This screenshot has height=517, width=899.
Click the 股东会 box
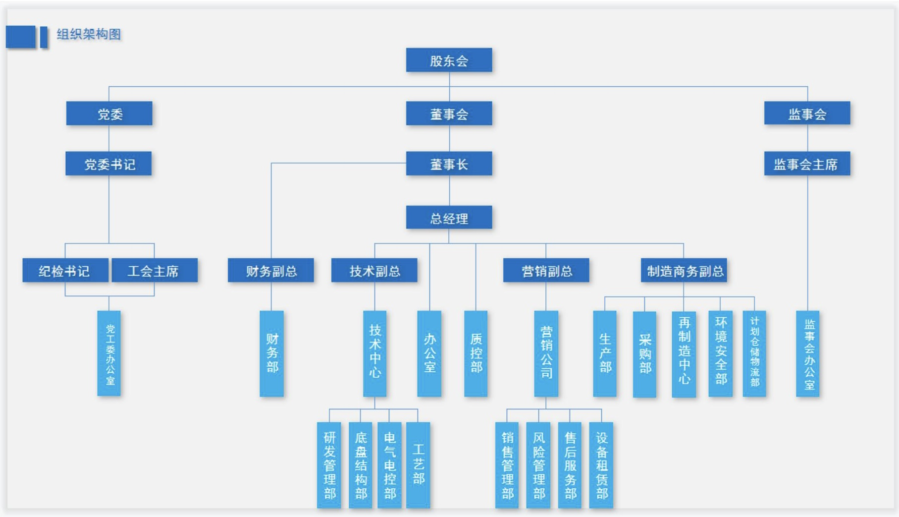point(449,60)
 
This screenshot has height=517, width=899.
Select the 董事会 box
point(449,114)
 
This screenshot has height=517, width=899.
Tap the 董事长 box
point(449,164)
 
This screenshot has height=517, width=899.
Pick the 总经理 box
point(449,218)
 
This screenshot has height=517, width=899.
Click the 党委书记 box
point(109,164)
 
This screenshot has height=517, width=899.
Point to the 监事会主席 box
point(807,164)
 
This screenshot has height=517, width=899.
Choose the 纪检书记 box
point(65,271)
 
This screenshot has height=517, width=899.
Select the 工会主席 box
point(154,271)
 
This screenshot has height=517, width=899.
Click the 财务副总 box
point(271,271)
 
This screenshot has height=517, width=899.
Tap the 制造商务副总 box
point(684,271)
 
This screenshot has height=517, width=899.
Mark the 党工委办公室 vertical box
point(109,353)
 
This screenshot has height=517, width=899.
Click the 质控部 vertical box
point(476,353)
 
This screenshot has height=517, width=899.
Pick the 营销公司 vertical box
point(546,353)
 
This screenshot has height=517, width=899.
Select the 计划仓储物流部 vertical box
point(754,353)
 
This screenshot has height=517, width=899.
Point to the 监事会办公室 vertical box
point(807,353)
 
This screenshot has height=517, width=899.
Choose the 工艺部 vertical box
point(418,464)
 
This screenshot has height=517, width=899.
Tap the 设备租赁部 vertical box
point(601,464)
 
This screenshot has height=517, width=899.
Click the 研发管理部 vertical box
point(329,464)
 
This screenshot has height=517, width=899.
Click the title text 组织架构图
point(89,34)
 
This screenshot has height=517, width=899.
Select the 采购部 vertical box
point(644,353)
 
